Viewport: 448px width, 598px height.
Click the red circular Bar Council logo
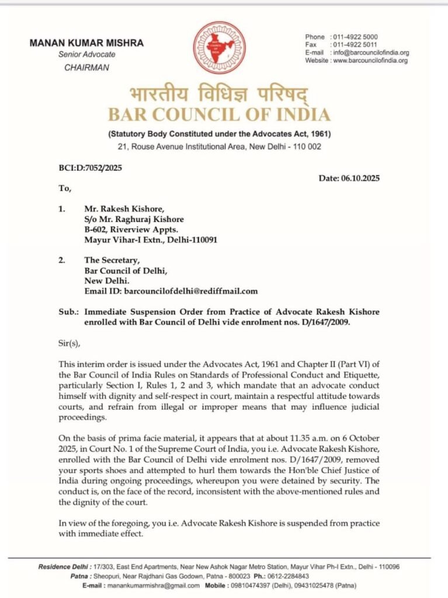pyautogui.click(x=220, y=47)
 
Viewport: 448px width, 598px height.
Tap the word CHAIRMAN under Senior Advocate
pyautogui.click(x=86, y=67)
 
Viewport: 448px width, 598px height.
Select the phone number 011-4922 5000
pyautogui.click(x=355, y=37)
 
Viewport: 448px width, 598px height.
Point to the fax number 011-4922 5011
pyautogui.click(x=355, y=45)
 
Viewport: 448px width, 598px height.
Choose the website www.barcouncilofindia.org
pyautogui.click(x=370, y=61)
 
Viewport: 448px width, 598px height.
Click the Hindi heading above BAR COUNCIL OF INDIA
pyautogui.click(x=219, y=94)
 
